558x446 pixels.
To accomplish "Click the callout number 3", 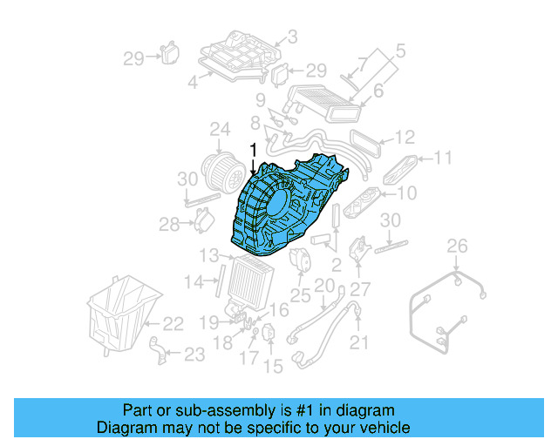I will pos(292,37).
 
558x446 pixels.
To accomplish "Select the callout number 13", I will pos(208,255).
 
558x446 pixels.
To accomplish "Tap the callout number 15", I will pos(274,367).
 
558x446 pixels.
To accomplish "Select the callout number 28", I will pos(168,226).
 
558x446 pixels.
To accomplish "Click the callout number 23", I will pos(194,354).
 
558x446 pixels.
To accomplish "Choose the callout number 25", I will pos(301,295).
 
